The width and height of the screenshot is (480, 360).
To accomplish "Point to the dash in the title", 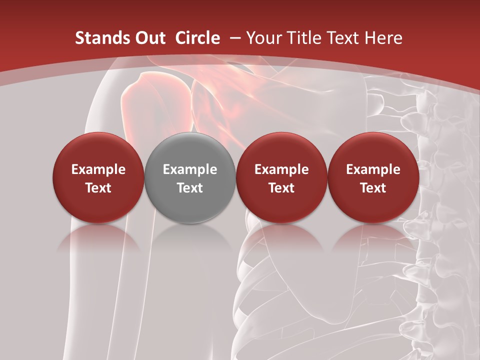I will pyautogui.click(x=233, y=38).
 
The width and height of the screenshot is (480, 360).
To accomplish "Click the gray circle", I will pyautogui.click(x=190, y=177).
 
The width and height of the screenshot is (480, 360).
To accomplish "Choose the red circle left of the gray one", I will pyautogui.click(x=98, y=177).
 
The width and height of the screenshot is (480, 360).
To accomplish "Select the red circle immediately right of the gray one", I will pyautogui.click(x=281, y=177).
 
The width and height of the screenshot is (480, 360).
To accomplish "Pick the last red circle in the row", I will pyautogui.click(x=373, y=177).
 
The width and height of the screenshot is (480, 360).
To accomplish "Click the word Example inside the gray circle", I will pyautogui.click(x=190, y=169).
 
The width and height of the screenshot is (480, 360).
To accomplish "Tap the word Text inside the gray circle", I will pyautogui.click(x=190, y=188).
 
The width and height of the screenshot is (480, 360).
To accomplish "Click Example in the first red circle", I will pyautogui.click(x=98, y=169).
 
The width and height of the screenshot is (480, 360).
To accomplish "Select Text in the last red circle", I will pyautogui.click(x=373, y=188).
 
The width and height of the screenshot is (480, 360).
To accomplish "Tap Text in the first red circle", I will pyautogui.click(x=98, y=188).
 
